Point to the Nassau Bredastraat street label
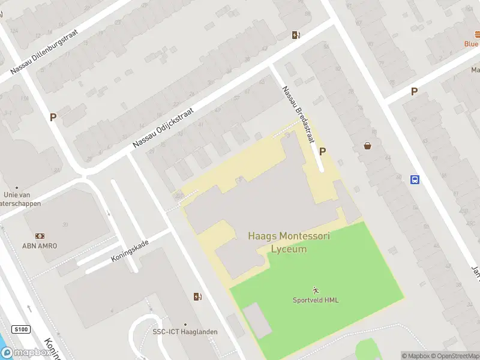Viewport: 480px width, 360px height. pyautogui.click(x=298, y=114)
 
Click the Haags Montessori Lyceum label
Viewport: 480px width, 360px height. pyautogui.click(x=289, y=242)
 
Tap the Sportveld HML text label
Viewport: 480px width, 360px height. pyautogui.click(x=316, y=300)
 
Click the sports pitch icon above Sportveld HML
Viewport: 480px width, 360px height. pyautogui.click(x=316, y=290)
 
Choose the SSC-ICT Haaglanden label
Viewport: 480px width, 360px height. pyautogui.click(x=185, y=332)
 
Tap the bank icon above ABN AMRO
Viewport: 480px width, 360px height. pyautogui.click(x=40, y=236)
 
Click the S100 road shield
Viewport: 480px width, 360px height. pyautogui.click(x=20, y=329)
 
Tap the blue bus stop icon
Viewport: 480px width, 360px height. pyautogui.click(x=415, y=179)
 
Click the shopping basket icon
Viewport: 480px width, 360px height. pyautogui.click(x=367, y=146)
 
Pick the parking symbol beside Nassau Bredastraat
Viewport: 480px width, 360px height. pyautogui.click(x=323, y=152)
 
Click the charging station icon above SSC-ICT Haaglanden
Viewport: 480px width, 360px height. pyautogui.click(x=197, y=296)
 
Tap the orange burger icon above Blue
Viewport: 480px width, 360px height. pyautogui.click(x=471, y=35)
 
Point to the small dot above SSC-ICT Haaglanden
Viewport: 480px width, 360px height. pyautogui.click(x=185, y=324)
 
